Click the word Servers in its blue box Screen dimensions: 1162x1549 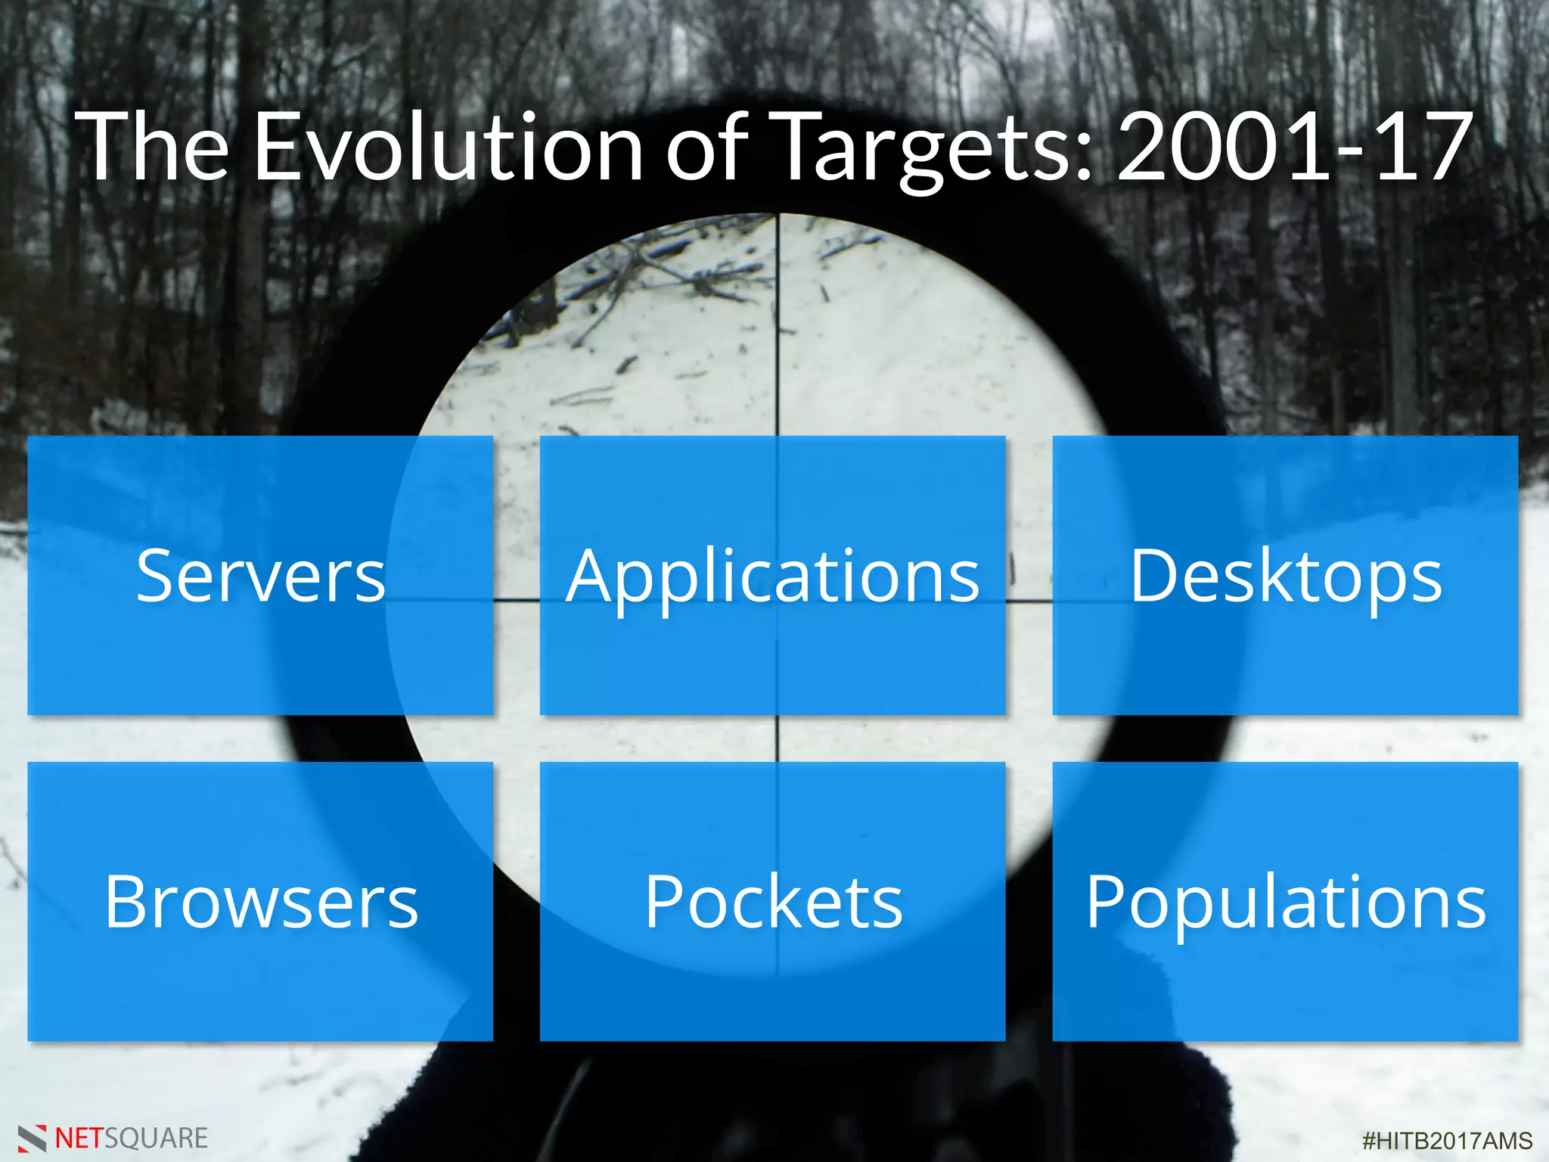pos(261,576)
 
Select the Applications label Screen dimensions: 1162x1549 pos(773,576)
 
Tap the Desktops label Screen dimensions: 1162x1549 pos(1286,576)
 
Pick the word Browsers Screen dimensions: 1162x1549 pos(261,902)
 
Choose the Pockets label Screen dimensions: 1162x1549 pos(773,902)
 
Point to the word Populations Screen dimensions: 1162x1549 pos(1286,902)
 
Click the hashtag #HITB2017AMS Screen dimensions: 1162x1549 pos(1447,1140)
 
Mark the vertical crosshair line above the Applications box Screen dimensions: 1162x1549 pos(778,325)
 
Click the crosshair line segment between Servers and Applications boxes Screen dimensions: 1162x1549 pos(517,601)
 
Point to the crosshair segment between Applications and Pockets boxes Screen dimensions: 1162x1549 pos(778,738)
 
